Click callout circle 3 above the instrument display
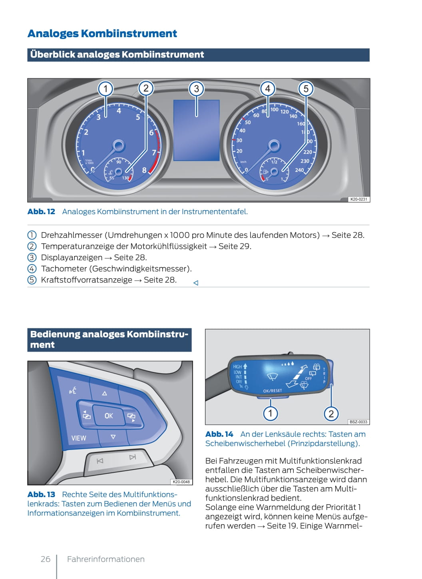(x=196, y=89)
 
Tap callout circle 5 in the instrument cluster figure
(x=306, y=89)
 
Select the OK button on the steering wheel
(x=109, y=416)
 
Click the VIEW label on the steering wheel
(x=79, y=438)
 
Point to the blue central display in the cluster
(x=196, y=130)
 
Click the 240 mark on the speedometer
(x=299, y=170)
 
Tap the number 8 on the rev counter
(x=144, y=170)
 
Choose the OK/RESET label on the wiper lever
(x=273, y=390)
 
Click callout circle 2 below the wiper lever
(x=331, y=414)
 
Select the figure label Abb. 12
(x=41, y=212)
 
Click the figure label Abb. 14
(x=219, y=434)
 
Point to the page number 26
(x=46, y=559)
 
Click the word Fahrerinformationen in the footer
(x=106, y=559)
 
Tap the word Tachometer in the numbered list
(x=64, y=269)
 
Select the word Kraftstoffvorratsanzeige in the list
(x=86, y=280)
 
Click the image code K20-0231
(x=358, y=199)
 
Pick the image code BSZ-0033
(x=358, y=422)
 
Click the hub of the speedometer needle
(x=274, y=145)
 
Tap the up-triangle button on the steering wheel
(x=105, y=393)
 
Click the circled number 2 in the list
(x=32, y=246)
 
